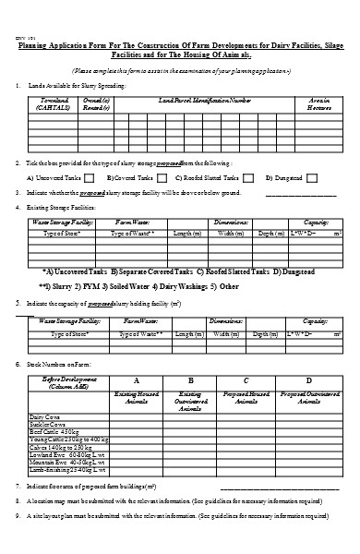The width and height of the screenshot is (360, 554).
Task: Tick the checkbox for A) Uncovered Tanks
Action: (x=90, y=177)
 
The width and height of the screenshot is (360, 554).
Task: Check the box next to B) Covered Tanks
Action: (x=162, y=177)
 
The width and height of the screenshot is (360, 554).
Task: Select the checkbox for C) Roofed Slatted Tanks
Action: (x=248, y=177)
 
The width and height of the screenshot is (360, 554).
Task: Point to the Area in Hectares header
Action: (x=319, y=102)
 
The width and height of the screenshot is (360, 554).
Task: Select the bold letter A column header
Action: (x=137, y=380)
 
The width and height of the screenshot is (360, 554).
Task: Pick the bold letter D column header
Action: (x=308, y=380)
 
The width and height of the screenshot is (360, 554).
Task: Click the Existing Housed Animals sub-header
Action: (x=137, y=398)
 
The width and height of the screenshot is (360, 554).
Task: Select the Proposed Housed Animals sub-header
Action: (x=246, y=398)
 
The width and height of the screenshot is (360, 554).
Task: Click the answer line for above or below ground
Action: (x=301, y=195)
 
